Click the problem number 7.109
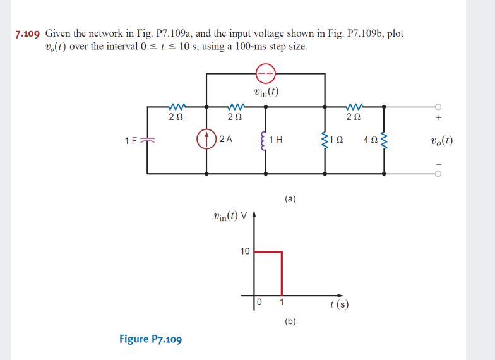tap(28, 34)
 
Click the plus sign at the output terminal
tap(439, 117)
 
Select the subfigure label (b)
tap(290, 321)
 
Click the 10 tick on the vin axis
tap(245, 251)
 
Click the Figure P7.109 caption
tap(150, 339)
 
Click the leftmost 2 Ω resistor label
tap(176, 117)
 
